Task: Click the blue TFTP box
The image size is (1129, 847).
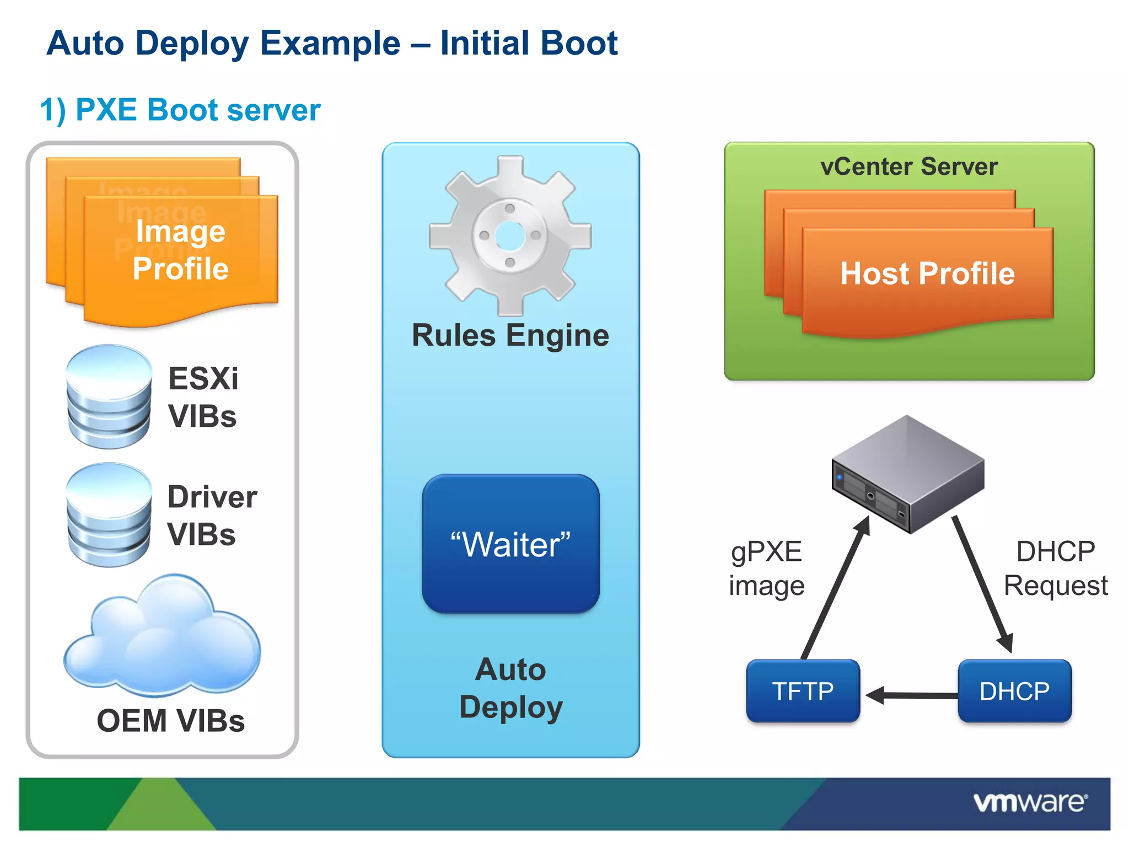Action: [x=803, y=691]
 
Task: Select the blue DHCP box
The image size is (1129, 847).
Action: [x=1014, y=691]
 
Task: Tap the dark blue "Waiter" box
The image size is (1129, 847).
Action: [x=510, y=544]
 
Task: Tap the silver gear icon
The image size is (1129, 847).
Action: [x=510, y=236]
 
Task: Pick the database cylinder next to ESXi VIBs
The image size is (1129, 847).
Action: [x=109, y=397]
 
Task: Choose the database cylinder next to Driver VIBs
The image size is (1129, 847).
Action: [x=109, y=515]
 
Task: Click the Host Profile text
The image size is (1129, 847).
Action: [x=927, y=274]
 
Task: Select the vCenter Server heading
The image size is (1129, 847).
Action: [x=908, y=167]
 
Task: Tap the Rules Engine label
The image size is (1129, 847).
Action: [x=510, y=335]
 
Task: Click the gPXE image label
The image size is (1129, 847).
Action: [x=766, y=569]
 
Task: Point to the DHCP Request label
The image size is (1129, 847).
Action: [x=1055, y=569]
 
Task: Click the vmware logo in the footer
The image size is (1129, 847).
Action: [x=1030, y=802]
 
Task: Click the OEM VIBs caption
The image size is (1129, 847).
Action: [x=170, y=721]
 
